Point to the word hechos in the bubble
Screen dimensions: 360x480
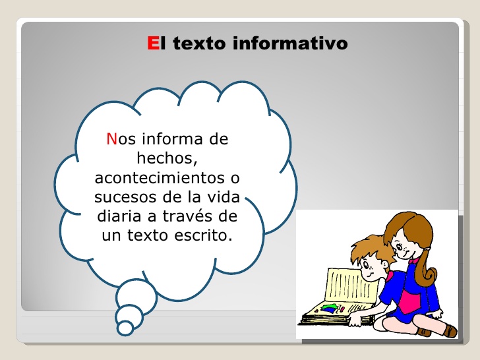(x=167, y=158)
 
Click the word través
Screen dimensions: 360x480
(x=191, y=216)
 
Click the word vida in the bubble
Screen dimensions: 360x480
(x=223, y=197)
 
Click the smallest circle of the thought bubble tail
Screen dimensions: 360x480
(x=125, y=327)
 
